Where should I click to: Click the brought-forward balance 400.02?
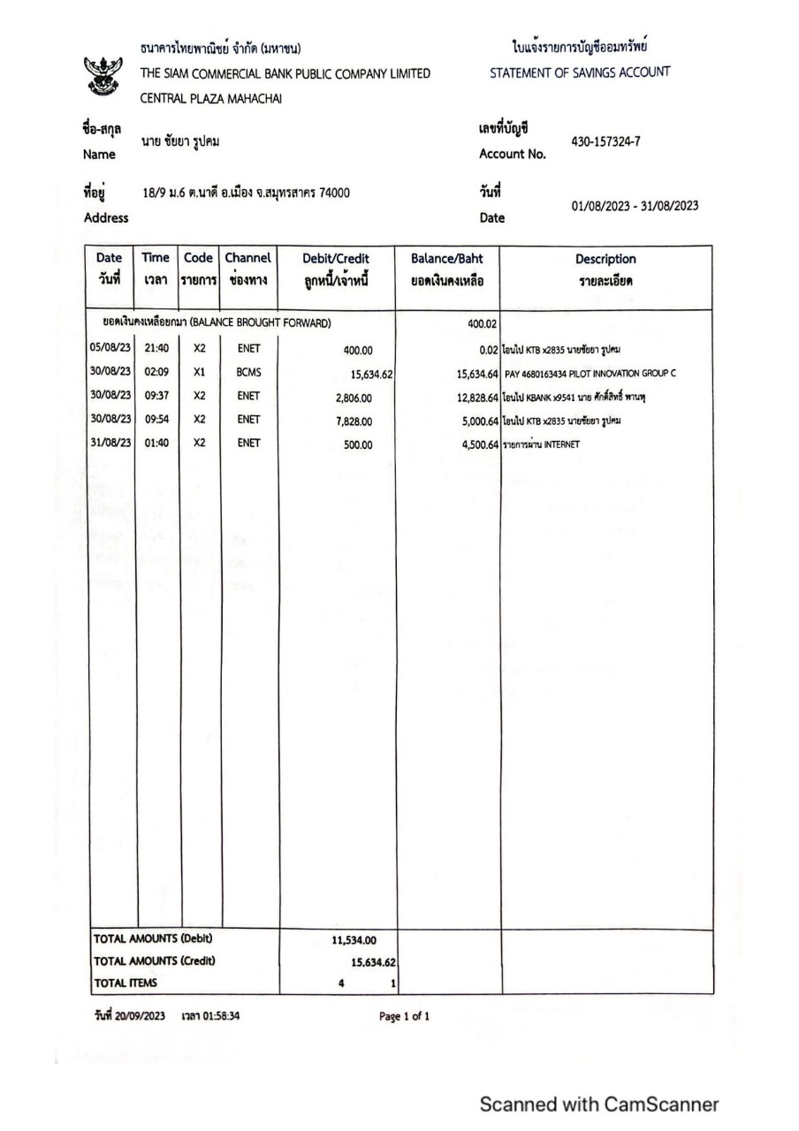tap(482, 324)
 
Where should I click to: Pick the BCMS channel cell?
tap(248, 373)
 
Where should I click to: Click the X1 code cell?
tap(199, 373)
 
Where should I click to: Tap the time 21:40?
tap(156, 349)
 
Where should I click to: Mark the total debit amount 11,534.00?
tap(356, 941)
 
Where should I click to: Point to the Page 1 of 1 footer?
tap(405, 1016)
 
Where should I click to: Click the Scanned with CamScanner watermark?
tap(599, 1104)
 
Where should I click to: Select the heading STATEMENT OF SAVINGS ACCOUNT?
tap(580, 72)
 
